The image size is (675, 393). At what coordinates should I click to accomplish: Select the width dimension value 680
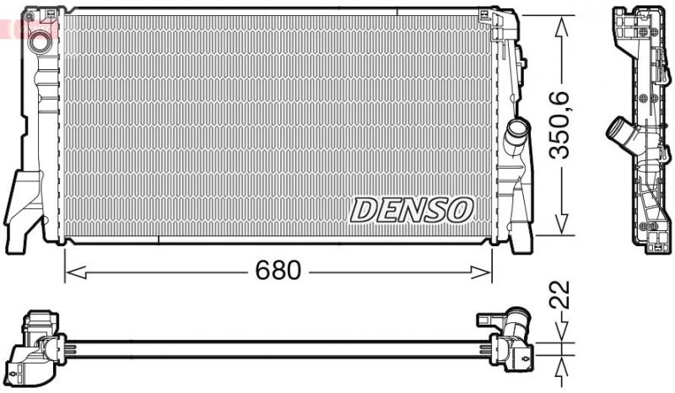click(278, 271)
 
